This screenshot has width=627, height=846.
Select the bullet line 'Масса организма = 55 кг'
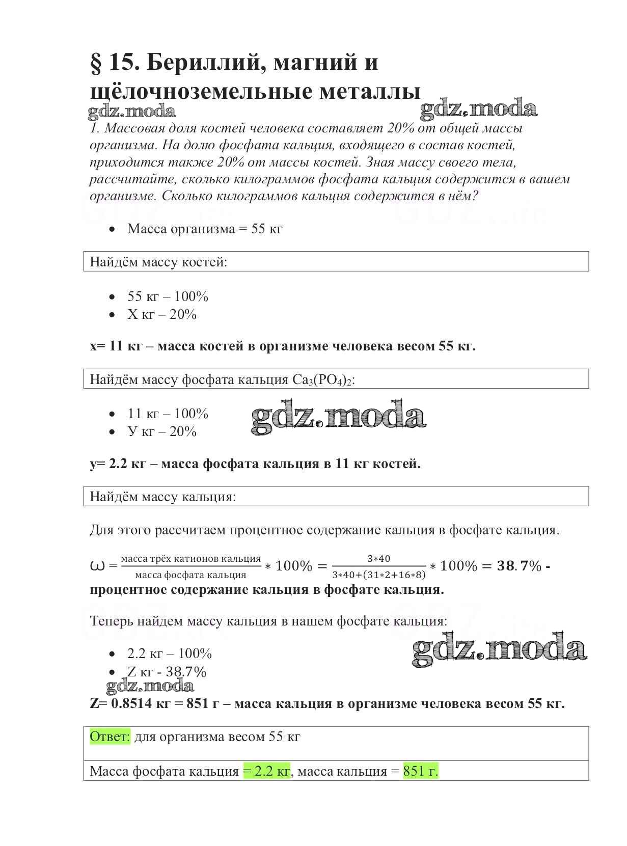[204, 229]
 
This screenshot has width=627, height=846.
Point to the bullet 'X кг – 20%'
[161, 315]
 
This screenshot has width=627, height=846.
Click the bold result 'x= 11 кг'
[116, 346]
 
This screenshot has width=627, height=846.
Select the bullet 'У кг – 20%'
[161, 432]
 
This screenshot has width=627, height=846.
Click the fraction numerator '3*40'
[378, 559]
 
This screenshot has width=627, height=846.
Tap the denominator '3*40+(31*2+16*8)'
[378, 575]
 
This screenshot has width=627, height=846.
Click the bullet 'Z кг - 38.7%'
[167, 672]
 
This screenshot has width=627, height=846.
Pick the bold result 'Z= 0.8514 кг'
[134, 704]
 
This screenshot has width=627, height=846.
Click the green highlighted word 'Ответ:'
[110, 737]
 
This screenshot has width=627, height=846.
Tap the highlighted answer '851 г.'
[421, 771]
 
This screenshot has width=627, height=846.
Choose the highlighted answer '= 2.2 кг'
[266, 771]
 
